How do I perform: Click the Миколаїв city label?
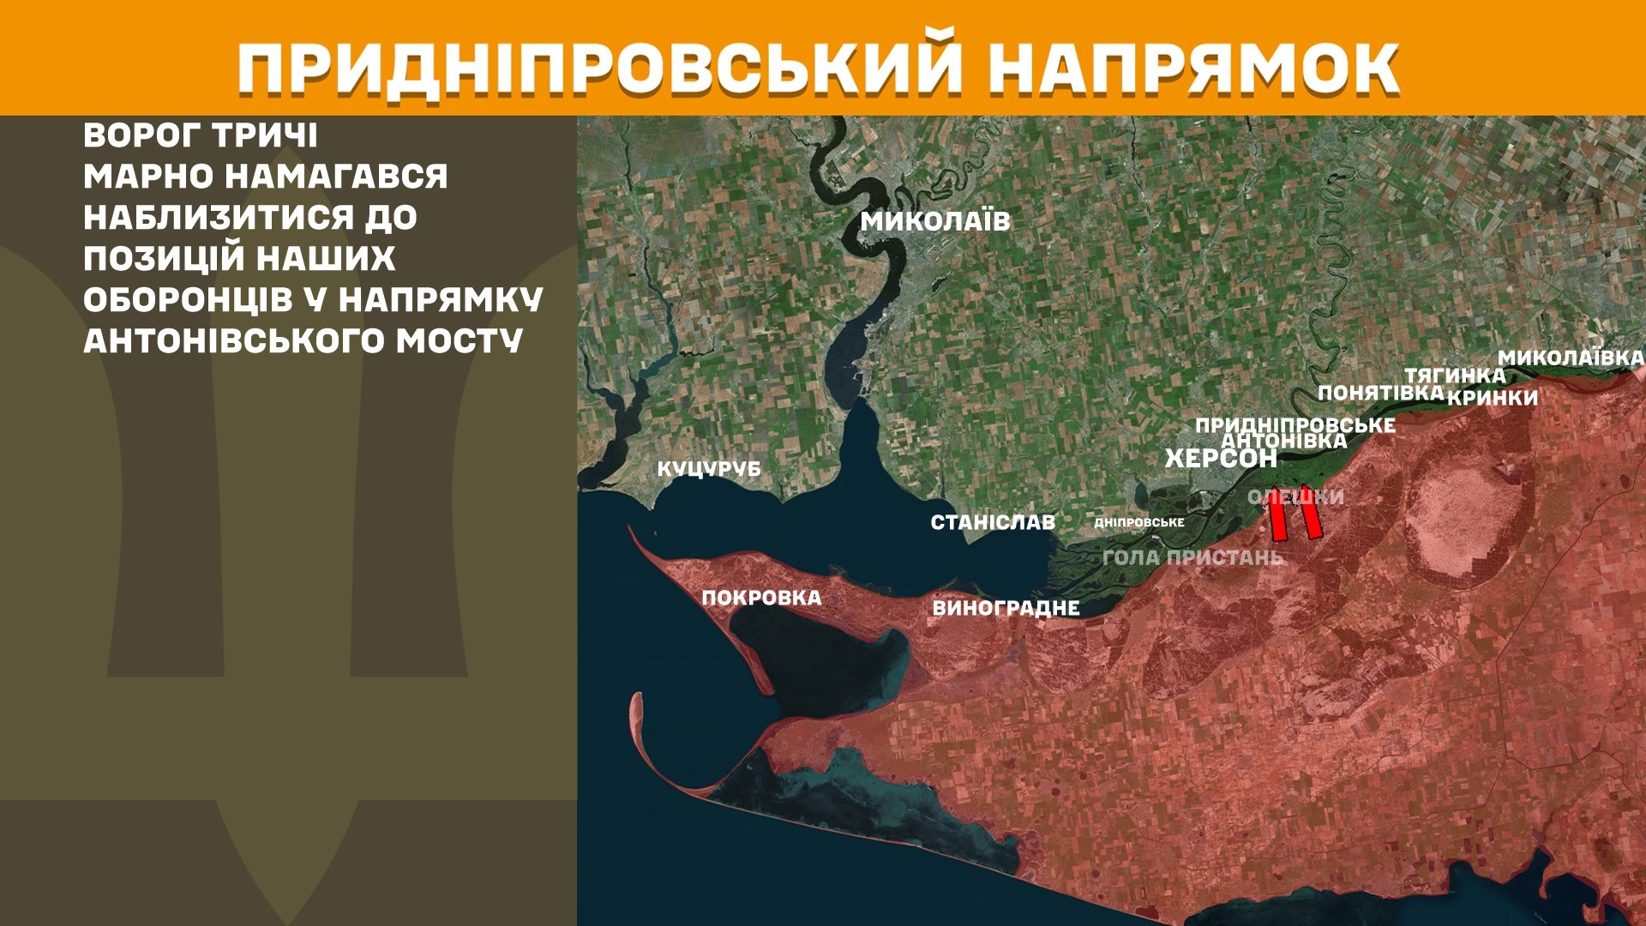pyautogui.click(x=935, y=221)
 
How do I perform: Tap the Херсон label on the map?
pyautogui.click(x=1220, y=459)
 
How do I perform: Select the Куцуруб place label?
pyautogui.click(x=709, y=469)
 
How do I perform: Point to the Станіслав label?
pyautogui.click(x=993, y=522)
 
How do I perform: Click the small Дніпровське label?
pyautogui.click(x=1139, y=522)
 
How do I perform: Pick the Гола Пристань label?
pyautogui.click(x=1192, y=557)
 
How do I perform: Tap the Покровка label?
pyautogui.click(x=761, y=598)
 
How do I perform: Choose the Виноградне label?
pyautogui.click(x=1006, y=608)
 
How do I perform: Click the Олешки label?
pyautogui.click(x=1295, y=496)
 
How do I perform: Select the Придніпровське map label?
pyautogui.click(x=1295, y=424)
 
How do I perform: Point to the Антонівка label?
pyautogui.click(x=1283, y=441)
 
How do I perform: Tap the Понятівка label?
pyautogui.click(x=1380, y=393)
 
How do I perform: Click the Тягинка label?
pyautogui.click(x=1455, y=376)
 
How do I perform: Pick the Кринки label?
pyautogui.click(x=1493, y=398)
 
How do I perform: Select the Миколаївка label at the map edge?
pyautogui.click(x=1571, y=358)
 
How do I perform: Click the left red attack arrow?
pyautogui.click(x=1277, y=515)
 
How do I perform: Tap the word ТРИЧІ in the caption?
pyautogui.click(x=264, y=135)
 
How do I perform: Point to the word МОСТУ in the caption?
pyautogui.click(x=459, y=341)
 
